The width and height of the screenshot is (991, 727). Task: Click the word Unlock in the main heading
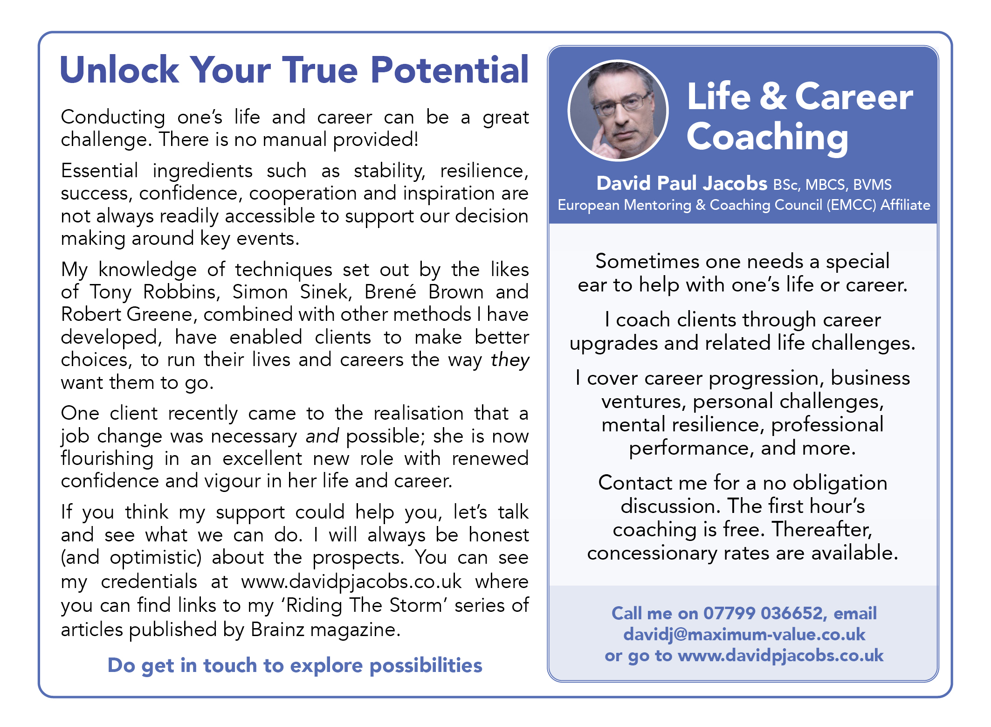click(119, 70)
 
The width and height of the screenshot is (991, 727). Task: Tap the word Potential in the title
click(450, 70)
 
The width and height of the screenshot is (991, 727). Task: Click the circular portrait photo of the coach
click(618, 111)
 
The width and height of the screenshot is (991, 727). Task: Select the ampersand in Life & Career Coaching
click(773, 97)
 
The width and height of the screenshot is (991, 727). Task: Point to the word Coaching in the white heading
click(767, 138)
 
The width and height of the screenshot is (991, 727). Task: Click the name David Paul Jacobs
click(681, 183)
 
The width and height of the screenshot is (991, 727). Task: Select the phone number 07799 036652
click(765, 613)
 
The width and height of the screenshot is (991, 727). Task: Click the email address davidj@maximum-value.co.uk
click(744, 635)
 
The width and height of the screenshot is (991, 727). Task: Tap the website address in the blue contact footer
click(780, 656)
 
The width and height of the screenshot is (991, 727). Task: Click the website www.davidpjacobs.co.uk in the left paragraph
click(351, 582)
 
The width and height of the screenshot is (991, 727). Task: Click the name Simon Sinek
click(292, 292)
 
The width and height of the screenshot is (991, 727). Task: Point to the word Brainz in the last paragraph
click(278, 630)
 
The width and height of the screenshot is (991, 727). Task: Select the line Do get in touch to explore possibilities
click(295, 665)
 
